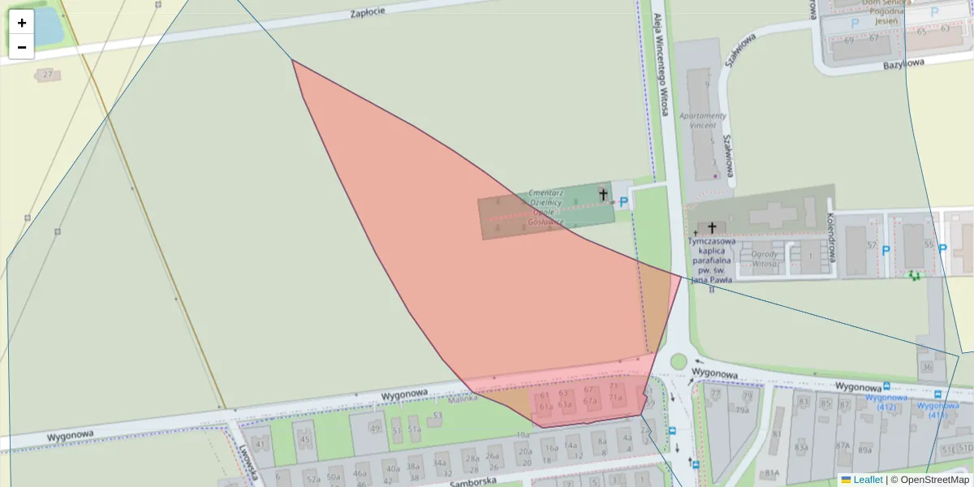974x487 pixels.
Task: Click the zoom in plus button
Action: click(x=22, y=23)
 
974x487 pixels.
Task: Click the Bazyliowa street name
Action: click(x=903, y=62)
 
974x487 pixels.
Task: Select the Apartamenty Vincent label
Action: click(x=703, y=120)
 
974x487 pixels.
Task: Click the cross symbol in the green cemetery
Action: click(x=602, y=194)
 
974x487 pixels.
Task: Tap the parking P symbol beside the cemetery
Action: click(x=623, y=202)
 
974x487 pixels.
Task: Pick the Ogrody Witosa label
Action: click(x=765, y=258)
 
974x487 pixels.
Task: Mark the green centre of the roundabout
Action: click(x=678, y=362)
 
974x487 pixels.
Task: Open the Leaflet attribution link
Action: click(x=868, y=480)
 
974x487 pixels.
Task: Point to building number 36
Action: click(x=927, y=367)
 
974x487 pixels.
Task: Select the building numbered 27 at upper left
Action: click(x=48, y=75)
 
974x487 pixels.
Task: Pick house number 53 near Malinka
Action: click(x=437, y=416)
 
